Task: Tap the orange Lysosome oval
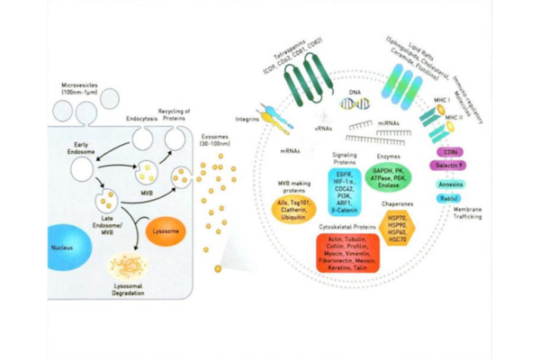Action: [x=166, y=230]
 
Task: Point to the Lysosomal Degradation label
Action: [x=129, y=289]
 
